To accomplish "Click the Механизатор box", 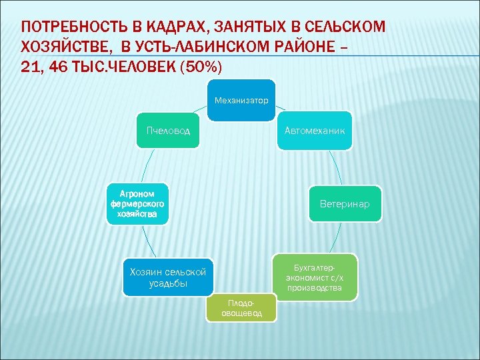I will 241,101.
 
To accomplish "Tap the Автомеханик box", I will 314,131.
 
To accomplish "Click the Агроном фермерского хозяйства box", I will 137,203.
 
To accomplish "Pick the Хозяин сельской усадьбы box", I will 167,277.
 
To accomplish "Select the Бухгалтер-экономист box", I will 314,277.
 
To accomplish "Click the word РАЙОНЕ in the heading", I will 311,48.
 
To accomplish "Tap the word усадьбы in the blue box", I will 168,283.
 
